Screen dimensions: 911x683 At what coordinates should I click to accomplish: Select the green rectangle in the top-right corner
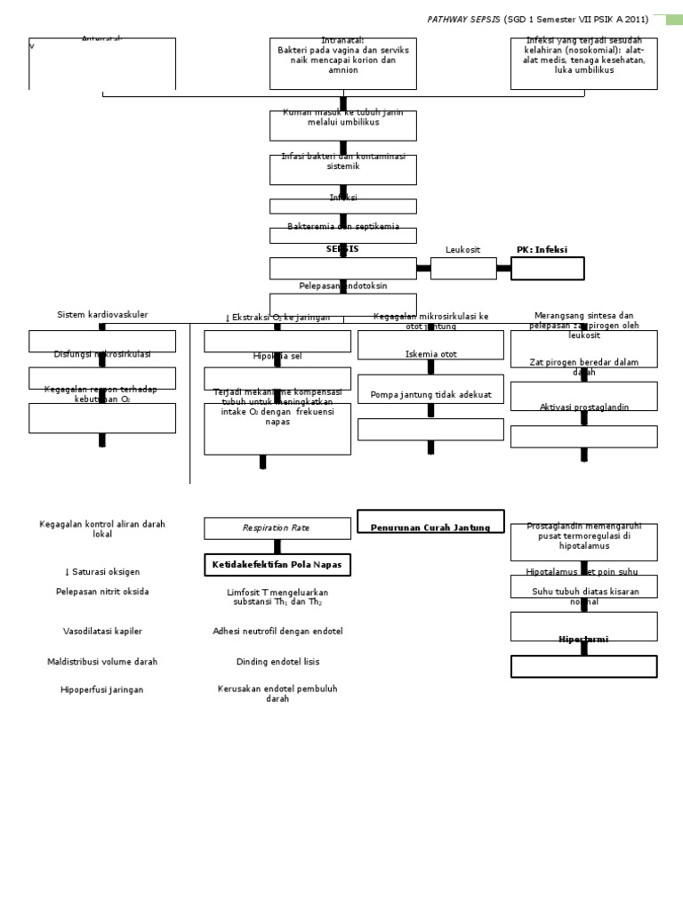click(x=674, y=19)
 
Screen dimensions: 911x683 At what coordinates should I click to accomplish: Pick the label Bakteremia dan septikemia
click(x=342, y=228)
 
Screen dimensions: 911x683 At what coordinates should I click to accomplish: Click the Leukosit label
click(x=462, y=250)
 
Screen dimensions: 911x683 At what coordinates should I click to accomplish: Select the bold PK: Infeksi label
click(x=542, y=250)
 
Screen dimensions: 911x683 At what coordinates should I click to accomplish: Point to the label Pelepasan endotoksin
click(x=342, y=286)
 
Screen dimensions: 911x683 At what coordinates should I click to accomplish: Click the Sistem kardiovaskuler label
click(x=102, y=315)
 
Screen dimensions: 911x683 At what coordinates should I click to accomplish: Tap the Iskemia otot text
click(x=430, y=354)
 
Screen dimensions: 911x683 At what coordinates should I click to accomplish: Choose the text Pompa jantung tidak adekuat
click(x=430, y=394)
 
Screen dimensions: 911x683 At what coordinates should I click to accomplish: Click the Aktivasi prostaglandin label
click(x=583, y=407)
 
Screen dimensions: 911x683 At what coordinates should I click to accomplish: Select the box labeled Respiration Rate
click(x=277, y=528)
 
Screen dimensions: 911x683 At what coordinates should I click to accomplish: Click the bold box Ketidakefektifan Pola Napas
click(x=277, y=565)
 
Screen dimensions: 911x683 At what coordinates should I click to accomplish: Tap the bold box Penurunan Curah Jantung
click(x=430, y=528)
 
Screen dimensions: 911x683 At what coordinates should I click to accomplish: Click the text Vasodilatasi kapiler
click(x=102, y=631)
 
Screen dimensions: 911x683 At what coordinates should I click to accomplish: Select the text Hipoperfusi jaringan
click(x=102, y=689)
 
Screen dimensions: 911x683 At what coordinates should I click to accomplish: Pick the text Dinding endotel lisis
click(x=277, y=662)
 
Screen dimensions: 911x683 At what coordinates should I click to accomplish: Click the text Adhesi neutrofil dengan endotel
click(x=277, y=631)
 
